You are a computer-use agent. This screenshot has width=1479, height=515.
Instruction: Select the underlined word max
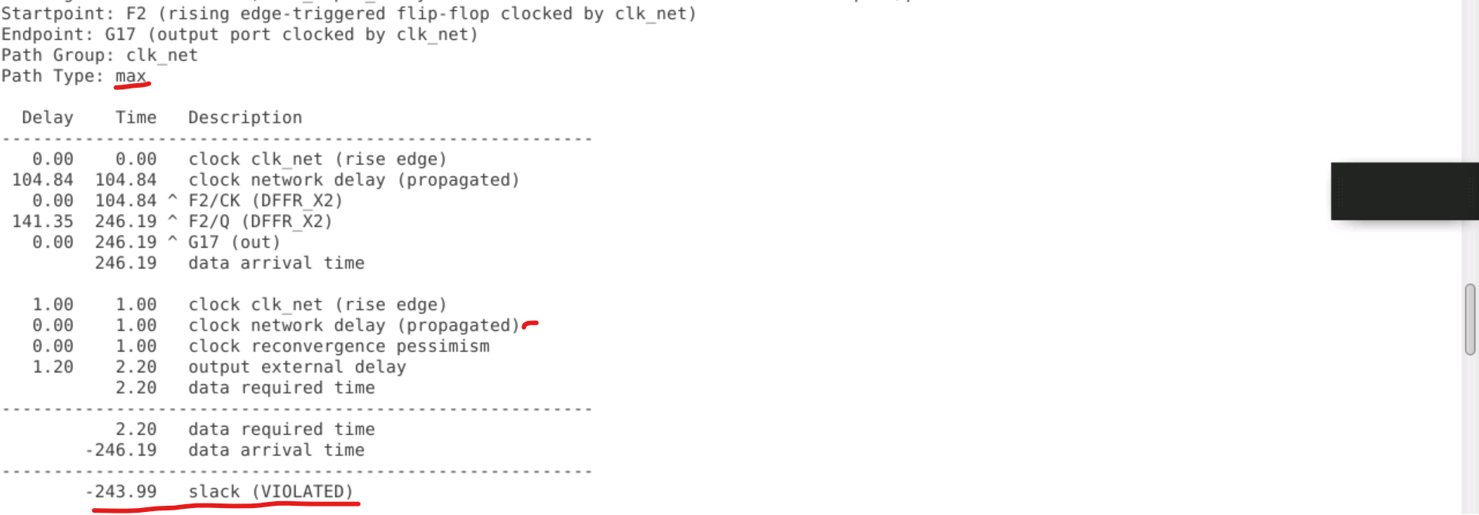(130, 76)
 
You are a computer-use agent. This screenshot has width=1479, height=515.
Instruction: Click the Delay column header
(48, 118)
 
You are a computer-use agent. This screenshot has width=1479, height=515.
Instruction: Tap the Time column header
(136, 118)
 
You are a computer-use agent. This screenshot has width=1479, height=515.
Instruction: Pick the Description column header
(245, 118)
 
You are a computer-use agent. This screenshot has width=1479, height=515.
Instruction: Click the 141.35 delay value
(42, 222)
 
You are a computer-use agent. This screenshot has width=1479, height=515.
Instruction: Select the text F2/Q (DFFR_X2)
(260, 222)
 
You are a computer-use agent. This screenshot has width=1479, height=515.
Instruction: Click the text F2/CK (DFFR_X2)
(265, 201)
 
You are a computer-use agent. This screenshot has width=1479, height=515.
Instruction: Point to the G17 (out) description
(234, 242)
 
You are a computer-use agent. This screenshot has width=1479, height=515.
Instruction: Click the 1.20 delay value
(52, 367)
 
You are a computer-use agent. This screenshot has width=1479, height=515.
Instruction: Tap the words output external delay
(297, 367)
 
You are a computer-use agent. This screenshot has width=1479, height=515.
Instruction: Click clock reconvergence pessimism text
(339, 346)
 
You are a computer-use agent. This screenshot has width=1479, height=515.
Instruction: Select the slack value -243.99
(121, 492)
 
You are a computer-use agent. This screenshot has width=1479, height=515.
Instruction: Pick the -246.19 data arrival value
(121, 450)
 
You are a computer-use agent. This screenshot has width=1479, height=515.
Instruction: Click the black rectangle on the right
(1404, 191)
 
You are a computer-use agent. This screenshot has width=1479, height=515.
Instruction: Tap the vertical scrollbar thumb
(1470, 319)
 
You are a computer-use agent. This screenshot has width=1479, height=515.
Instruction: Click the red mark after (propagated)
(530, 325)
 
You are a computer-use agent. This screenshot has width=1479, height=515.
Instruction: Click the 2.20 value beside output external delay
(136, 367)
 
